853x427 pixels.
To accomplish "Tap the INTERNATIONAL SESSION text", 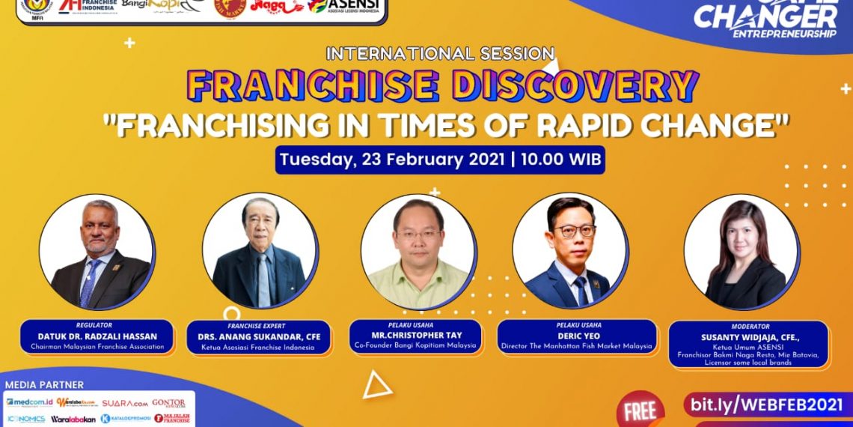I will [x=440, y=54].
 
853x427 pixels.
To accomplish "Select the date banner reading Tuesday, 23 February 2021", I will [x=440, y=160].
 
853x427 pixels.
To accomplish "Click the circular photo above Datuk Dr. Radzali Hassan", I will [x=97, y=252].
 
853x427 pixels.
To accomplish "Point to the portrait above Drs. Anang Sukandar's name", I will [x=259, y=252].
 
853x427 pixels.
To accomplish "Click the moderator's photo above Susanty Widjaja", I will [x=741, y=252].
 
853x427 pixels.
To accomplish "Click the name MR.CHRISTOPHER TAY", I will [x=418, y=335].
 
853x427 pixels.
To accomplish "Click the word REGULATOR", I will [x=94, y=326].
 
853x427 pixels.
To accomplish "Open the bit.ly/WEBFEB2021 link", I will [x=767, y=405].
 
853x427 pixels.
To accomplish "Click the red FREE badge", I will [x=640, y=411].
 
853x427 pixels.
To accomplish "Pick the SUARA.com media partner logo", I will [x=123, y=403].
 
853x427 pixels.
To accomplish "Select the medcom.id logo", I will [x=30, y=402].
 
